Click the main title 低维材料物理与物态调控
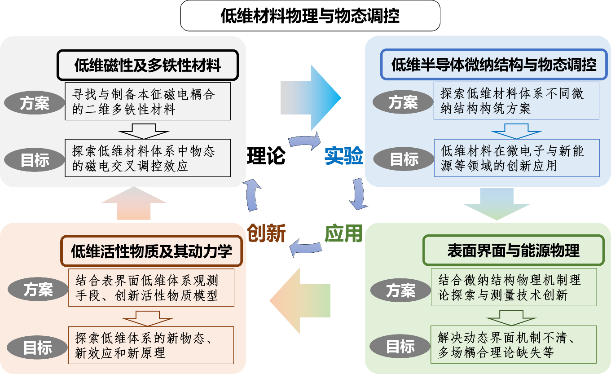(310, 16)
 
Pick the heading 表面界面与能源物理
(513, 251)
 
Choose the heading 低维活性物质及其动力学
(151, 251)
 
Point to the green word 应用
(343, 233)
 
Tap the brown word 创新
(267, 233)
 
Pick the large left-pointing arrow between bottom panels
(299, 300)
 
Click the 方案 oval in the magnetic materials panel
(34, 103)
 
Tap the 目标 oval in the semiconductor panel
(403, 159)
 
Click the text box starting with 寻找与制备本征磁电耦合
(148, 101)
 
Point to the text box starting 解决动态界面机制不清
(514, 344)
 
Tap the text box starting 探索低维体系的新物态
(151, 345)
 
